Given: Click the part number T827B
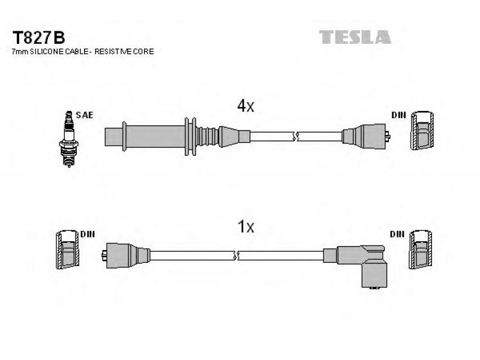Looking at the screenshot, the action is pos(38,38).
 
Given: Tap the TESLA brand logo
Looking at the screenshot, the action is pos(355,37).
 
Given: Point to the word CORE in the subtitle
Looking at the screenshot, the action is pos(143,52).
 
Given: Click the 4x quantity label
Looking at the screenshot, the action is pos(245,106).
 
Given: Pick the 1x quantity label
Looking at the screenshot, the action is pos(245,227).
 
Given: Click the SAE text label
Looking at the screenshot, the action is pos(84,115).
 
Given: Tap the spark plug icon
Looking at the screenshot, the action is pos(68,139).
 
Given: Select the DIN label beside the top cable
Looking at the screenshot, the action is pos(398,115).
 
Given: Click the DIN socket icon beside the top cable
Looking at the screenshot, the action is pos(422,130).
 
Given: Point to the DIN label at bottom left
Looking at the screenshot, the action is pos(88,234).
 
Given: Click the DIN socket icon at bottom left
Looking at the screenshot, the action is pos(67,250).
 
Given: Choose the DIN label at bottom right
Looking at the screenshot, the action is pos(397,234).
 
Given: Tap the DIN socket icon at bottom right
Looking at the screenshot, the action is pos(421,250).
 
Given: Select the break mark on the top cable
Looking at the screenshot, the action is pos(296,136).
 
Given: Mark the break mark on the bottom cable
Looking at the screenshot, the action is pos(236,256).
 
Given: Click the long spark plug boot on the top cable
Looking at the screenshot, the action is pos(178,136).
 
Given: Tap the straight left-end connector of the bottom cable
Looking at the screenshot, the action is pos(125,256).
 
